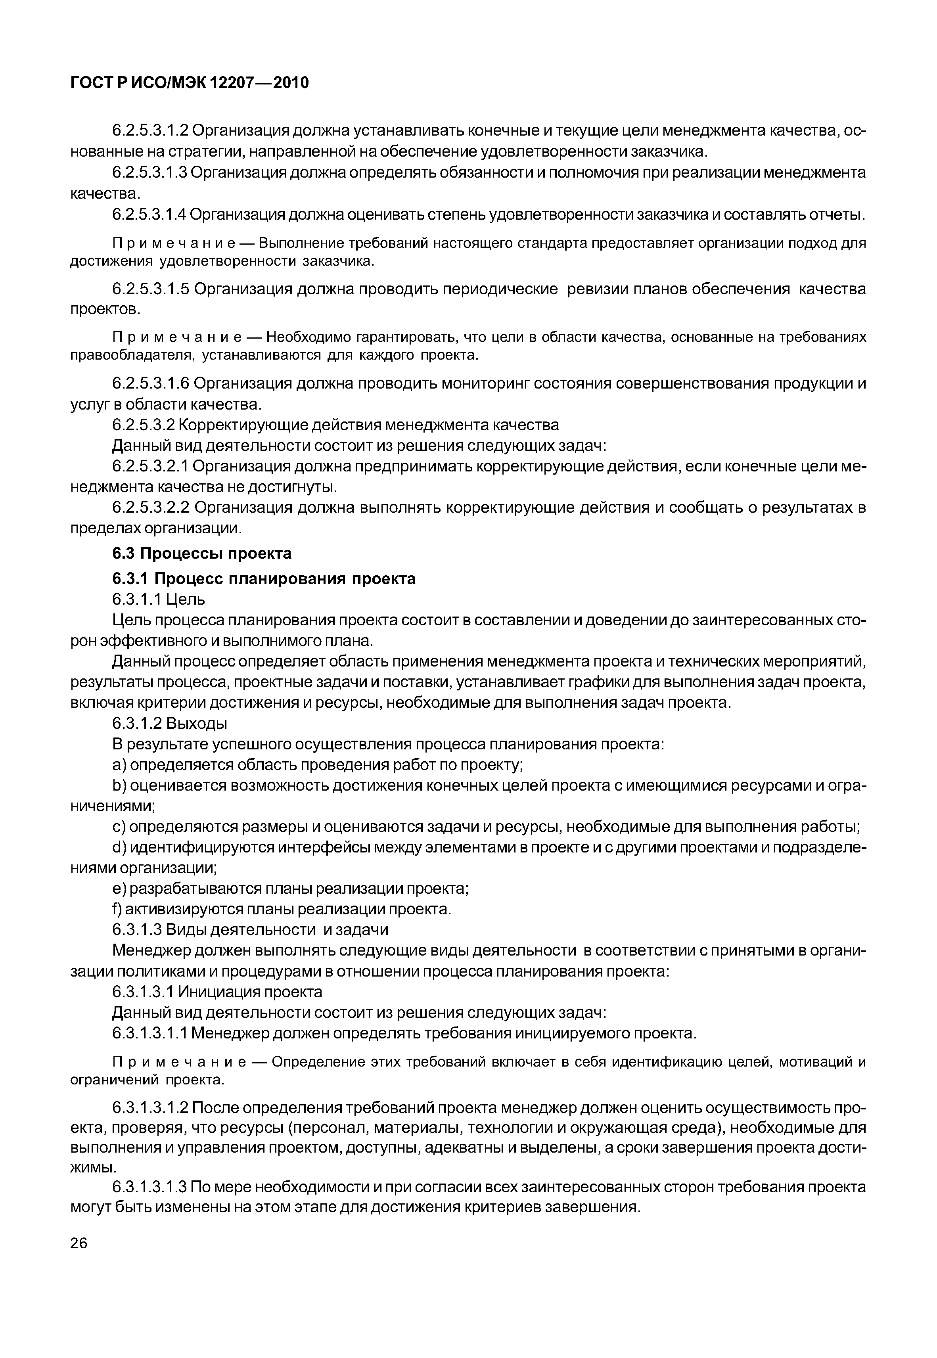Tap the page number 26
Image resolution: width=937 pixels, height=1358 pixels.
pyautogui.click(x=79, y=1259)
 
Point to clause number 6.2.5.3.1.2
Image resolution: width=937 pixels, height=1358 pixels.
pyautogui.click(x=150, y=130)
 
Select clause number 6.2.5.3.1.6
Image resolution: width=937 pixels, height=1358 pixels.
pyautogui.click(x=150, y=383)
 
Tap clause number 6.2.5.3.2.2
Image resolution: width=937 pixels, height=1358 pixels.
pyautogui.click(x=150, y=507)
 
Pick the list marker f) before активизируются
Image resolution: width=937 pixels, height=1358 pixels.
pyautogui.click(x=117, y=909)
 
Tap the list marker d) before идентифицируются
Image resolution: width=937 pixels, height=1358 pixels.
pyautogui.click(x=119, y=847)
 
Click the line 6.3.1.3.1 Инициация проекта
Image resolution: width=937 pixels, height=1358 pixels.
pyautogui.click(x=217, y=992)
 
